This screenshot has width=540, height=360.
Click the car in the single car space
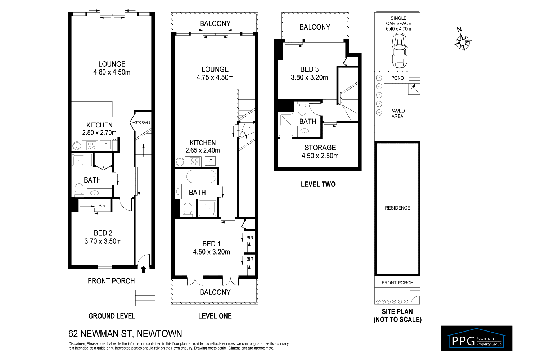(400, 51)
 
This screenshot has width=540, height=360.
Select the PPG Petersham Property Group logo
(476, 338)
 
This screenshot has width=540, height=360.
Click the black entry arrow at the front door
(143, 269)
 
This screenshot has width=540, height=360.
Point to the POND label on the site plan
(397, 78)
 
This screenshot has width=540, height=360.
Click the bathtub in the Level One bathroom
(201, 176)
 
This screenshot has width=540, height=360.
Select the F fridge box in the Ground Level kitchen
(105, 145)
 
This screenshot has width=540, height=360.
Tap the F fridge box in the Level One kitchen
(211, 161)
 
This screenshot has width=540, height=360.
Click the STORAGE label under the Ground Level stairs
(143, 122)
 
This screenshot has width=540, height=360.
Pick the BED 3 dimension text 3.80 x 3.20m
(309, 77)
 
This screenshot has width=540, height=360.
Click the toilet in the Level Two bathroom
(302, 109)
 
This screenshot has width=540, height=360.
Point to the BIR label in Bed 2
(102, 206)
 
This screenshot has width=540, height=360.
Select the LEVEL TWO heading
(318, 184)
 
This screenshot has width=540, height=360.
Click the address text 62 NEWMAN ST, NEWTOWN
(125, 334)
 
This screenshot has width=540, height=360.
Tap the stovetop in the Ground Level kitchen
(91, 146)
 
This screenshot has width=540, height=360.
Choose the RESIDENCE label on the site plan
(397, 208)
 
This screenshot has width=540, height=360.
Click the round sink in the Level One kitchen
(180, 162)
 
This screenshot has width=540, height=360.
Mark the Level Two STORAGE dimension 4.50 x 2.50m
(320, 156)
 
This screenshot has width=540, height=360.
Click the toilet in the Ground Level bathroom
(79, 190)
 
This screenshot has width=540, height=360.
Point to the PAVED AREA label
(397, 113)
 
